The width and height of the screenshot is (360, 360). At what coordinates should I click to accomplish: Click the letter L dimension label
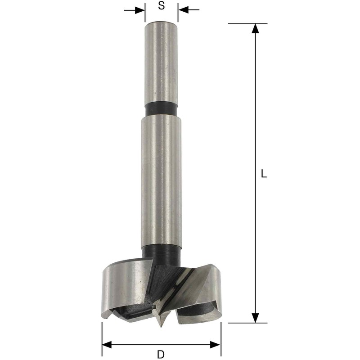click(x=264, y=174)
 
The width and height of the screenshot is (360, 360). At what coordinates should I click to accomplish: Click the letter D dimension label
click(x=161, y=354)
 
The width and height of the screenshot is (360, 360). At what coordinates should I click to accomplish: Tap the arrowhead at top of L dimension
click(x=255, y=28)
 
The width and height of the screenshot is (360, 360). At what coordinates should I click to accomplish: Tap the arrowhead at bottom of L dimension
click(x=255, y=317)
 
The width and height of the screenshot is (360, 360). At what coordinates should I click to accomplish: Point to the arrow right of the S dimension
click(x=184, y=9)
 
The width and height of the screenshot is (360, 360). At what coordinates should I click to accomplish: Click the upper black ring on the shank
click(x=161, y=110)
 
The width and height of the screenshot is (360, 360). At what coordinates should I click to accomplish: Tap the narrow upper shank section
click(x=161, y=63)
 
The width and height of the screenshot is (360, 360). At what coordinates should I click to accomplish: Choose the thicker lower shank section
click(x=161, y=180)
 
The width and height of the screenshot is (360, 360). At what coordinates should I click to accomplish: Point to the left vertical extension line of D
click(x=102, y=335)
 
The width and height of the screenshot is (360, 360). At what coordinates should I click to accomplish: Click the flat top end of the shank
click(x=161, y=22)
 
